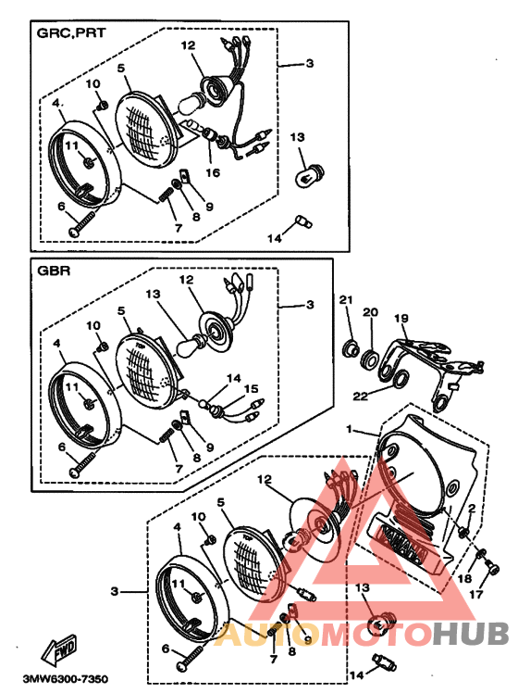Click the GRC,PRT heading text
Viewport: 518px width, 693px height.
[71, 32]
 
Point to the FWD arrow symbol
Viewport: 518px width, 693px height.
[58, 649]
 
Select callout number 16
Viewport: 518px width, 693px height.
[213, 172]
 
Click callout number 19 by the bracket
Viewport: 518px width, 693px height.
[401, 318]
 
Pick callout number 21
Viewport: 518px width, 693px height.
[346, 299]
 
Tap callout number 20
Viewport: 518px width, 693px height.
[370, 312]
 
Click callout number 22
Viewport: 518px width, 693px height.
[361, 396]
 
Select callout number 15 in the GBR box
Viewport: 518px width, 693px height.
[251, 388]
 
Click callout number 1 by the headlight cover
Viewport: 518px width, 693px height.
[350, 429]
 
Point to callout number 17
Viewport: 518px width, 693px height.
[475, 595]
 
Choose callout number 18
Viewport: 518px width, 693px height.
[464, 578]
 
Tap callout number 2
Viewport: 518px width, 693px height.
[472, 509]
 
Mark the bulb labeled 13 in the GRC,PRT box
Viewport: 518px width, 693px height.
[309, 176]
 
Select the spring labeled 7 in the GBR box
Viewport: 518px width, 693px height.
[166, 435]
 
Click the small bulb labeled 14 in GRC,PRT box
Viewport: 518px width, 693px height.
[303, 221]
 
